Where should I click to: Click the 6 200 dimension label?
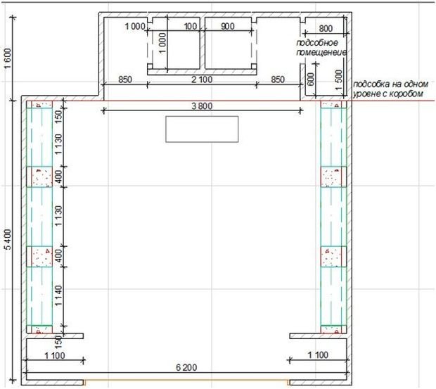[186, 368]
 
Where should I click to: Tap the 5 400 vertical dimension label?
[8, 240]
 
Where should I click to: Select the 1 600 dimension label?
[8, 58]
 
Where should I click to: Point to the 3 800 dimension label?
[202, 106]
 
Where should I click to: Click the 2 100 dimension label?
[202, 79]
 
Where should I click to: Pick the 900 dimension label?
[228, 27]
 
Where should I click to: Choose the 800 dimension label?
[326, 28]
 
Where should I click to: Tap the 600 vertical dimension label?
[311, 79]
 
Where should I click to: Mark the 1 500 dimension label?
[339, 79]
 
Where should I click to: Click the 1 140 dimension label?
[58, 296]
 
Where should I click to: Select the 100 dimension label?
[191, 27]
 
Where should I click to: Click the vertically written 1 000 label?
[162, 43]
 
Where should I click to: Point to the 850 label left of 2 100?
[125, 79]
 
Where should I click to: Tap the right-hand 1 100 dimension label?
[318, 355]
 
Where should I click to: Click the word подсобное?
[317, 43]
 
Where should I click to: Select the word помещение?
[321, 52]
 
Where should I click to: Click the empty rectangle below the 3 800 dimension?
[202, 129]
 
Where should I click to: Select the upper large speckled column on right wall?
[333, 177]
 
